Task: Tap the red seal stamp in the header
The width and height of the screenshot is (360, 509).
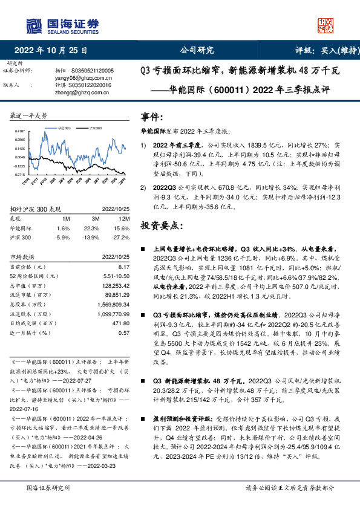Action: pyautogui.click(x=326, y=25)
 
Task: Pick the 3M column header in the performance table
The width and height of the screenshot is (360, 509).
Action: pyautogui.click(x=96, y=219)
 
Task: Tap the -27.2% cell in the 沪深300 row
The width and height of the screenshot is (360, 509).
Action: pyautogui.click(x=122, y=237)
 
